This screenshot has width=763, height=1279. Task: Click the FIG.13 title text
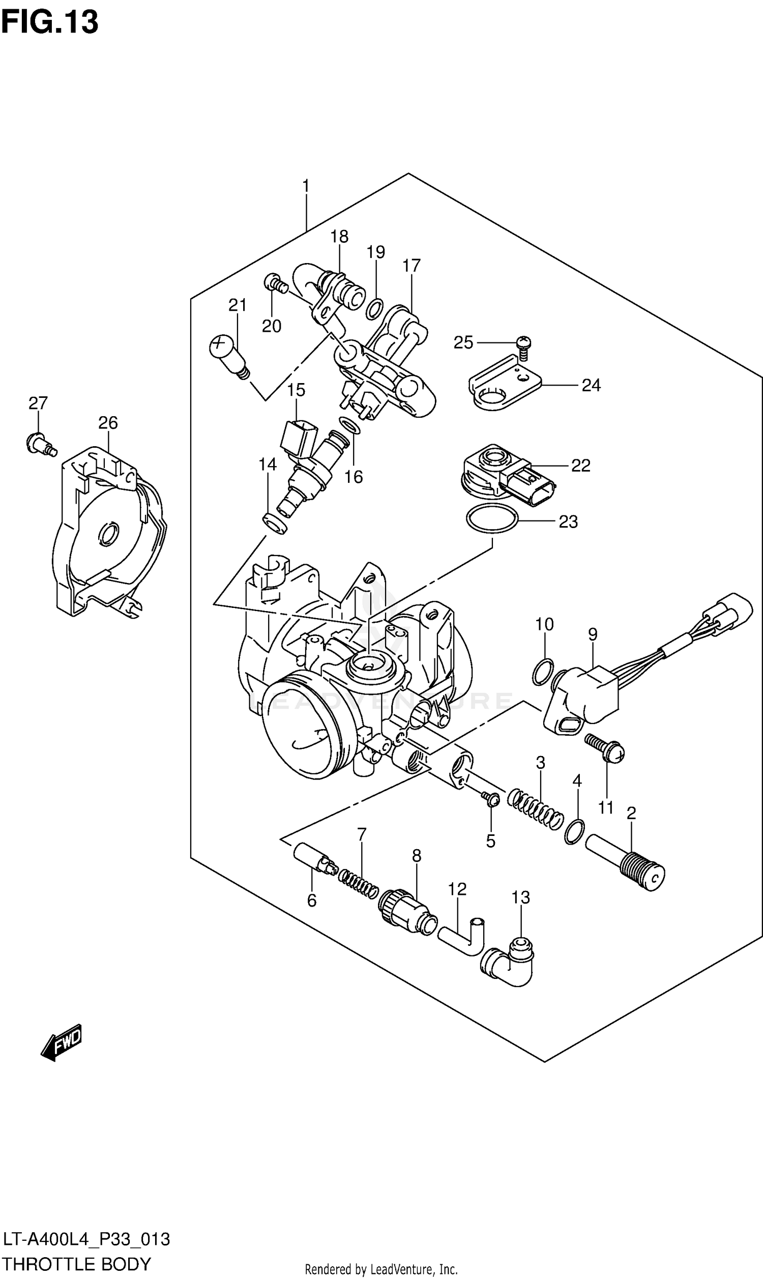click(49, 22)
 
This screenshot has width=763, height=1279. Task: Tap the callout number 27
click(38, 403)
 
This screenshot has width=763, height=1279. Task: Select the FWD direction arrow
click(61, 1041)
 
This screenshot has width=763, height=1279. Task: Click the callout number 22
click(580, 465)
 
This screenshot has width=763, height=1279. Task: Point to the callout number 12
click(457, 889)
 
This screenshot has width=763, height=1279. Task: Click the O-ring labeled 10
click(543, 672)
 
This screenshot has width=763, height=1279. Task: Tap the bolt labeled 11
click(605, 748)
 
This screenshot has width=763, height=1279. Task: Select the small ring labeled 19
click(375, 308)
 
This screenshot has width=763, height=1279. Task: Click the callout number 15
click(296, 390)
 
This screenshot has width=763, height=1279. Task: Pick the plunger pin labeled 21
click(229, 356)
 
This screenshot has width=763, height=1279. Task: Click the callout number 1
click(306, 186)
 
